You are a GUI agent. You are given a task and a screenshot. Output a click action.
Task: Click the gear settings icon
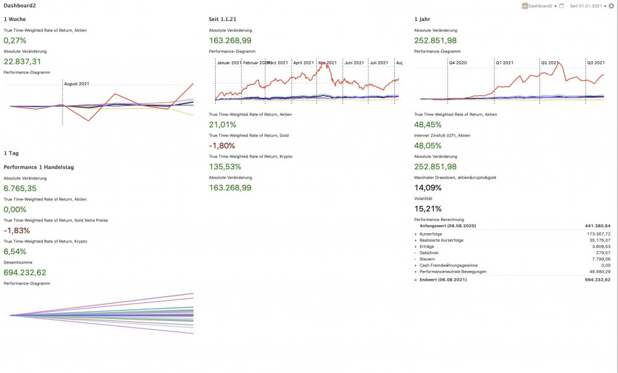[612, 6]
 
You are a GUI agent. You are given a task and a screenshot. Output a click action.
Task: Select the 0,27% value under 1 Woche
[14, 40]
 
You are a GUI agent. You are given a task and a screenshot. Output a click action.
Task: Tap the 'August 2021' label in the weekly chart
[77, 84]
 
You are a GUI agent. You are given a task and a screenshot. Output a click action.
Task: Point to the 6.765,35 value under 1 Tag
[20, 188]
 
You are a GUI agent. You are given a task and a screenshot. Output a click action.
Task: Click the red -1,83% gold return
[17, 230]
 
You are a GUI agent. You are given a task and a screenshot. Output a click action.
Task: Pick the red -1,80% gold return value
[222, 145]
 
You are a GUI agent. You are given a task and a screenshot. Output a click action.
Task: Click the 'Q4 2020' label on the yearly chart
[459, 63]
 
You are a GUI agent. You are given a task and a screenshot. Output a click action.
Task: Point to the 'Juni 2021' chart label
[354, 63]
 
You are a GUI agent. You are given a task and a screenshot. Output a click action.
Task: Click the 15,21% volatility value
[427, 208]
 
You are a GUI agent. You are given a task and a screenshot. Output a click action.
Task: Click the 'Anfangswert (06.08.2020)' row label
[443, 226]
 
